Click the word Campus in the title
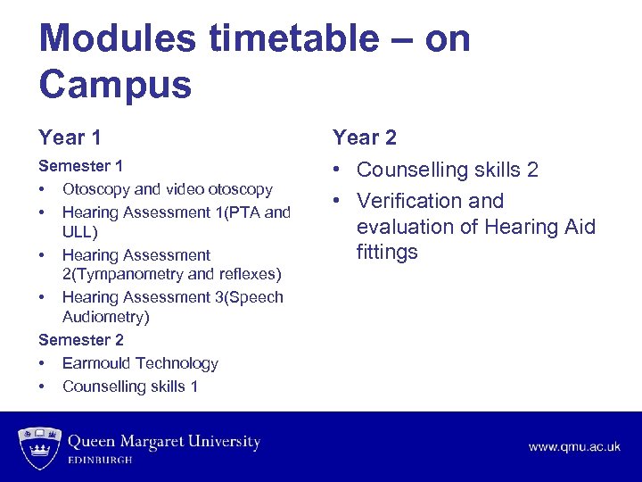(115, 86)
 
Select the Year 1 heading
(70, 137)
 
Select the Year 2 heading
(364, 137)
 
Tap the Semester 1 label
(81, 166)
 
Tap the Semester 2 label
(81, 340)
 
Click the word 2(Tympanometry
(119, 274)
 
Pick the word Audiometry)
(105, 317)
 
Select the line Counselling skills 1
(130, 386)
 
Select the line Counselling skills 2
(448, 170)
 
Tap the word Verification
(406, 201)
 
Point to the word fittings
(387, 252)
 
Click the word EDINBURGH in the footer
(101, 460)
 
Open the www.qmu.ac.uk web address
(574, 446)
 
